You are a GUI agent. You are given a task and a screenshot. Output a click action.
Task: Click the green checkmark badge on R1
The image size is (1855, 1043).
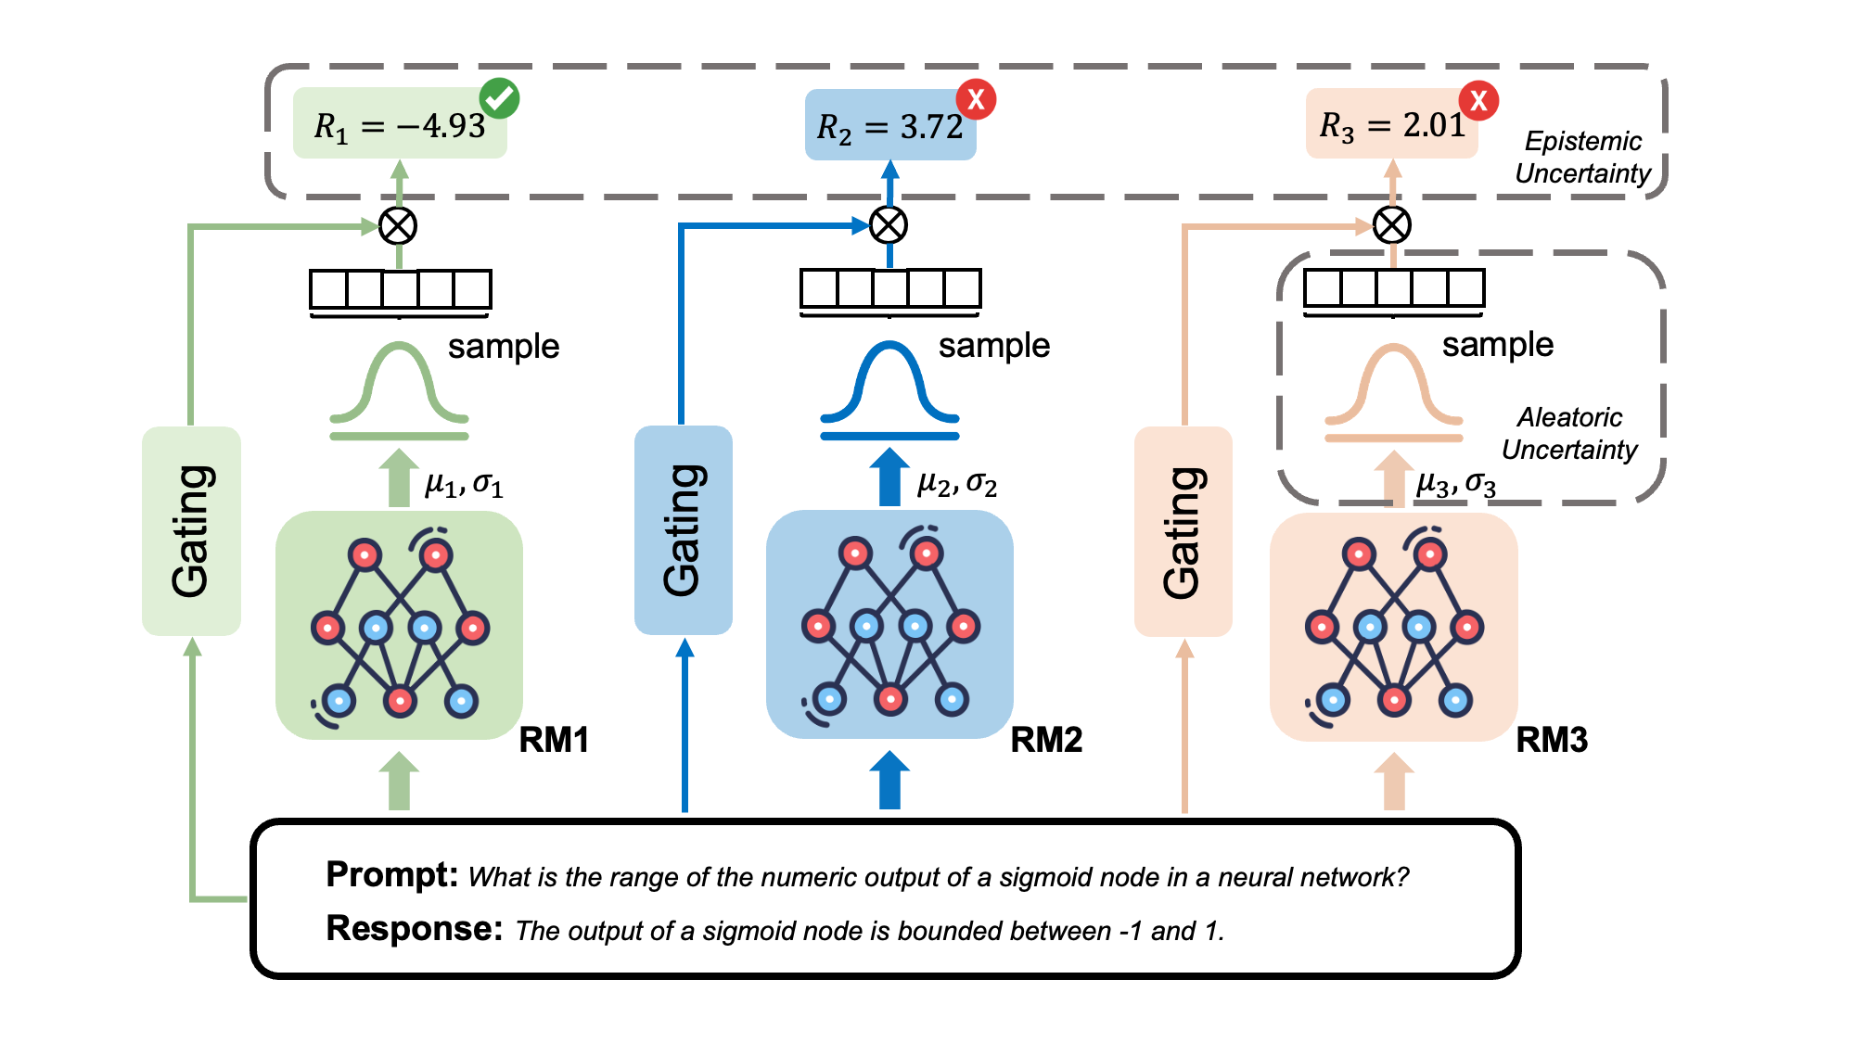[x=499, y=98]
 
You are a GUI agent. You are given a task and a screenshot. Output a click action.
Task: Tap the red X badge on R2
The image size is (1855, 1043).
[x=976, y=99]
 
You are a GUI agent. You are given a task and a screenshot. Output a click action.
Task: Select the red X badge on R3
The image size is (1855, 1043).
[x=1478, y=100]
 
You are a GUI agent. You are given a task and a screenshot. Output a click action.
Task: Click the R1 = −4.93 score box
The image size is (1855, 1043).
[x=400, y=125]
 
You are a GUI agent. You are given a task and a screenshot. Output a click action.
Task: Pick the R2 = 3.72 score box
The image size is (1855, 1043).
[x=889, y=126]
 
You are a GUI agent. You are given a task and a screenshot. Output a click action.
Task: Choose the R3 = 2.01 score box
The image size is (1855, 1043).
[x=1391, y=124]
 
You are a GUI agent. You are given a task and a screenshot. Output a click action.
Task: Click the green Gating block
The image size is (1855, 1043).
[x=191, y=530]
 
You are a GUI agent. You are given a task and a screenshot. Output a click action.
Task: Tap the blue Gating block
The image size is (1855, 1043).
[x=683, y=530]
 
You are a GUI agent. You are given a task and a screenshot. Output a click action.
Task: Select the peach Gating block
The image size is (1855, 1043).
[x=1183, y=531]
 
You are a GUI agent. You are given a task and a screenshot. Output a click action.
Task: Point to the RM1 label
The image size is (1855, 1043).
[x=554, y=740]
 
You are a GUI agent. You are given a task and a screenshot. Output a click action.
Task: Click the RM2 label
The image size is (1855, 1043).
[x=1046, y=740]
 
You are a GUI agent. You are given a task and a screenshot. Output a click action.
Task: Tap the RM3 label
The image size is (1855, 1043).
[x=1552, y=740]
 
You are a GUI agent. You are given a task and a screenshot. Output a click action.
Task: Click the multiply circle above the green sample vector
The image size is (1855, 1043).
[x=399, y=225]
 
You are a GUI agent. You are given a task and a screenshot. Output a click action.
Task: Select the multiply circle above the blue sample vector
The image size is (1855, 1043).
[x=889, y=224]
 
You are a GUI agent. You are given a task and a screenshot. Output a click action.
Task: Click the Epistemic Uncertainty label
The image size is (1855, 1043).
[x=1582, y=158]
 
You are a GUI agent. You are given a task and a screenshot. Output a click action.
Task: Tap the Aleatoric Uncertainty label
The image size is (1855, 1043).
[x=1569, y=433]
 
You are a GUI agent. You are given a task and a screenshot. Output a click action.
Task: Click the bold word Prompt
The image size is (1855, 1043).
[x=391, y=874]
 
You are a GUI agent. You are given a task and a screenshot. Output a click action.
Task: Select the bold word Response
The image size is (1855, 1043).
[x=414, y=928]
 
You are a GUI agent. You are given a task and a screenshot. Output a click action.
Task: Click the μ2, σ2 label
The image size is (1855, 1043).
[x=956, y=484]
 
